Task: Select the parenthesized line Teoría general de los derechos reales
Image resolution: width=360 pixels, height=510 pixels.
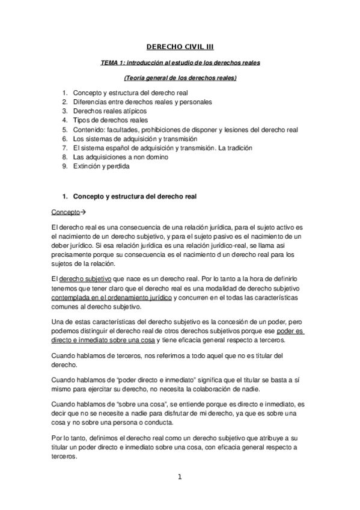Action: tap(180, 78)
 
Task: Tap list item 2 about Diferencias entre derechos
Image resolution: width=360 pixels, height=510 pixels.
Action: tap(142, 102)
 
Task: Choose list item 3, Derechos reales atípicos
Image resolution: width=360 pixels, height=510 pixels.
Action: tap(110, 111)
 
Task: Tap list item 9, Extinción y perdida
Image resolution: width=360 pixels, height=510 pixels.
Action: tap(100, 166)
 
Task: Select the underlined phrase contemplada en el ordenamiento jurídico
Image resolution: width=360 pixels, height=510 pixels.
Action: tap(111, 298)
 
